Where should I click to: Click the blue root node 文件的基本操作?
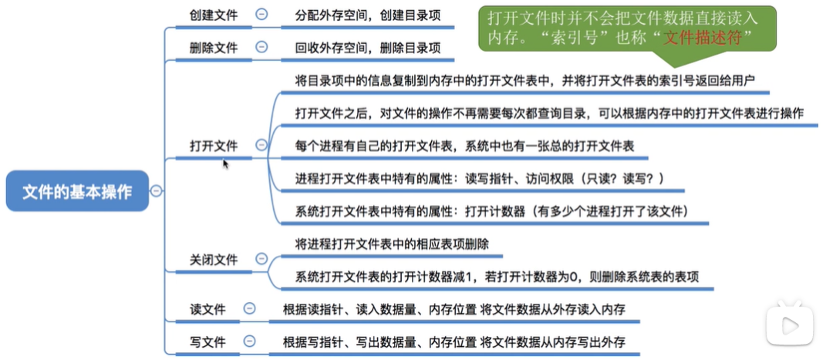pos(77,191)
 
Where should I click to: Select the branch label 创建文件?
pos(214,15)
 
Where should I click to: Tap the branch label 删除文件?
pos(214,47)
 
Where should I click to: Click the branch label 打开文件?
pos(214,146)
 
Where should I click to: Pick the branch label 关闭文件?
pos(214,260)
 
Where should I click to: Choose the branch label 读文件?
pos(207,309)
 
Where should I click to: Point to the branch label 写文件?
pos(207,341)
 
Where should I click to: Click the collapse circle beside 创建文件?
pos(261,14)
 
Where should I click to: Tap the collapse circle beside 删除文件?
pos(261,47)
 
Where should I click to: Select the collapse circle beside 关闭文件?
pos(261,260)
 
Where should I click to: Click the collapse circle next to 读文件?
pos(249,308)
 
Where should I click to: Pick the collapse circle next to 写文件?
pos(249,341)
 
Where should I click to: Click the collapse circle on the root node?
pos(157,191)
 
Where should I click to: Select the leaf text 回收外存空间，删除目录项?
pos(368,48)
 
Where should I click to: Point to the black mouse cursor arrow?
pos(226,163)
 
